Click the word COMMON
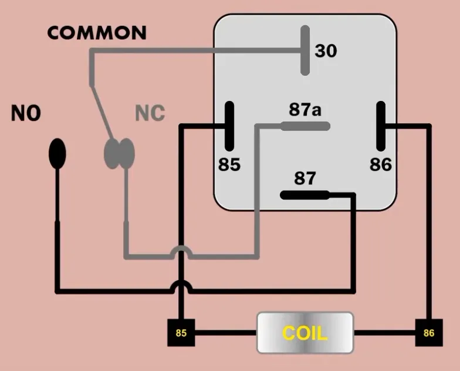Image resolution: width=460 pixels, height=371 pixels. pos(97,33)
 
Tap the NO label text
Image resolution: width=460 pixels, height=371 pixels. pos(26,113)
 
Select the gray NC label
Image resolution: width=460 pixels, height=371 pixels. pos(150,113)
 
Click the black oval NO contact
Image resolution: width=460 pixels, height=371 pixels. pos(57,154)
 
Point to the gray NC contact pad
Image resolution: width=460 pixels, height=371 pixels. pos(120,154)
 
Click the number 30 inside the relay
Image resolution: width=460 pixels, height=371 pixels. pos(326,52)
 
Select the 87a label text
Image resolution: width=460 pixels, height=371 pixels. pos(305,110)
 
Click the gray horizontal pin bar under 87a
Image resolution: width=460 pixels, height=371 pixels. pos(305,126)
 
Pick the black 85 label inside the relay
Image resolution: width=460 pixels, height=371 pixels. pos(229,165)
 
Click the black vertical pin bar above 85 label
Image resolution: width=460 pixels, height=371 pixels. pos(229,126)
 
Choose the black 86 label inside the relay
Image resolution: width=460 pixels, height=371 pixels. pos(380,165)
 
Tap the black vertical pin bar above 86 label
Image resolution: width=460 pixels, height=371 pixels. pos(381,126)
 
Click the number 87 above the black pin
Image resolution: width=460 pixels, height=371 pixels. pos(305,178)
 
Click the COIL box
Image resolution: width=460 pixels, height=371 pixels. pos(305,333)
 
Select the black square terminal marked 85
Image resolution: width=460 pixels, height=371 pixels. pos(181,333)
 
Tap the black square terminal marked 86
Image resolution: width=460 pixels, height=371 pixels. pos(429,333)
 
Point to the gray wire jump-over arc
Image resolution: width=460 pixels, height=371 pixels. pos(181,251)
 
